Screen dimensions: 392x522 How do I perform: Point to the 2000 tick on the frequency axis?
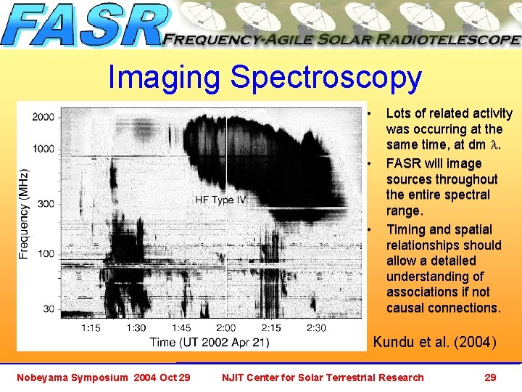43,117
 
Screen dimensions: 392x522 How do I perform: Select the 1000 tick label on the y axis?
43,149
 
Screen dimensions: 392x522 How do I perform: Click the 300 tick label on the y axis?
46,204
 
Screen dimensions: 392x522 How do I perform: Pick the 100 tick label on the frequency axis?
46,253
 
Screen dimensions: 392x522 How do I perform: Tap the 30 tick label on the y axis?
48,309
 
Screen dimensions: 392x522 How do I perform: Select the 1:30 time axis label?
136,328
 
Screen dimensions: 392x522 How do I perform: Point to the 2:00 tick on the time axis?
225,328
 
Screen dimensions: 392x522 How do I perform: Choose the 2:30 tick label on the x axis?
315,328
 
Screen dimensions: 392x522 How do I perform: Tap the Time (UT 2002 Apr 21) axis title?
210,342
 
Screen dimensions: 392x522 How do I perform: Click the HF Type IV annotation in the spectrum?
221,200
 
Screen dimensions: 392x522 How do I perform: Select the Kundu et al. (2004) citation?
434,342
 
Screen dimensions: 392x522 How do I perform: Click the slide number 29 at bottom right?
490,377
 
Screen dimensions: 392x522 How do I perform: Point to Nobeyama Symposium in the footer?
70,377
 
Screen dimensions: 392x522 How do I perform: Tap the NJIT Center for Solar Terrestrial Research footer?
323,377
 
